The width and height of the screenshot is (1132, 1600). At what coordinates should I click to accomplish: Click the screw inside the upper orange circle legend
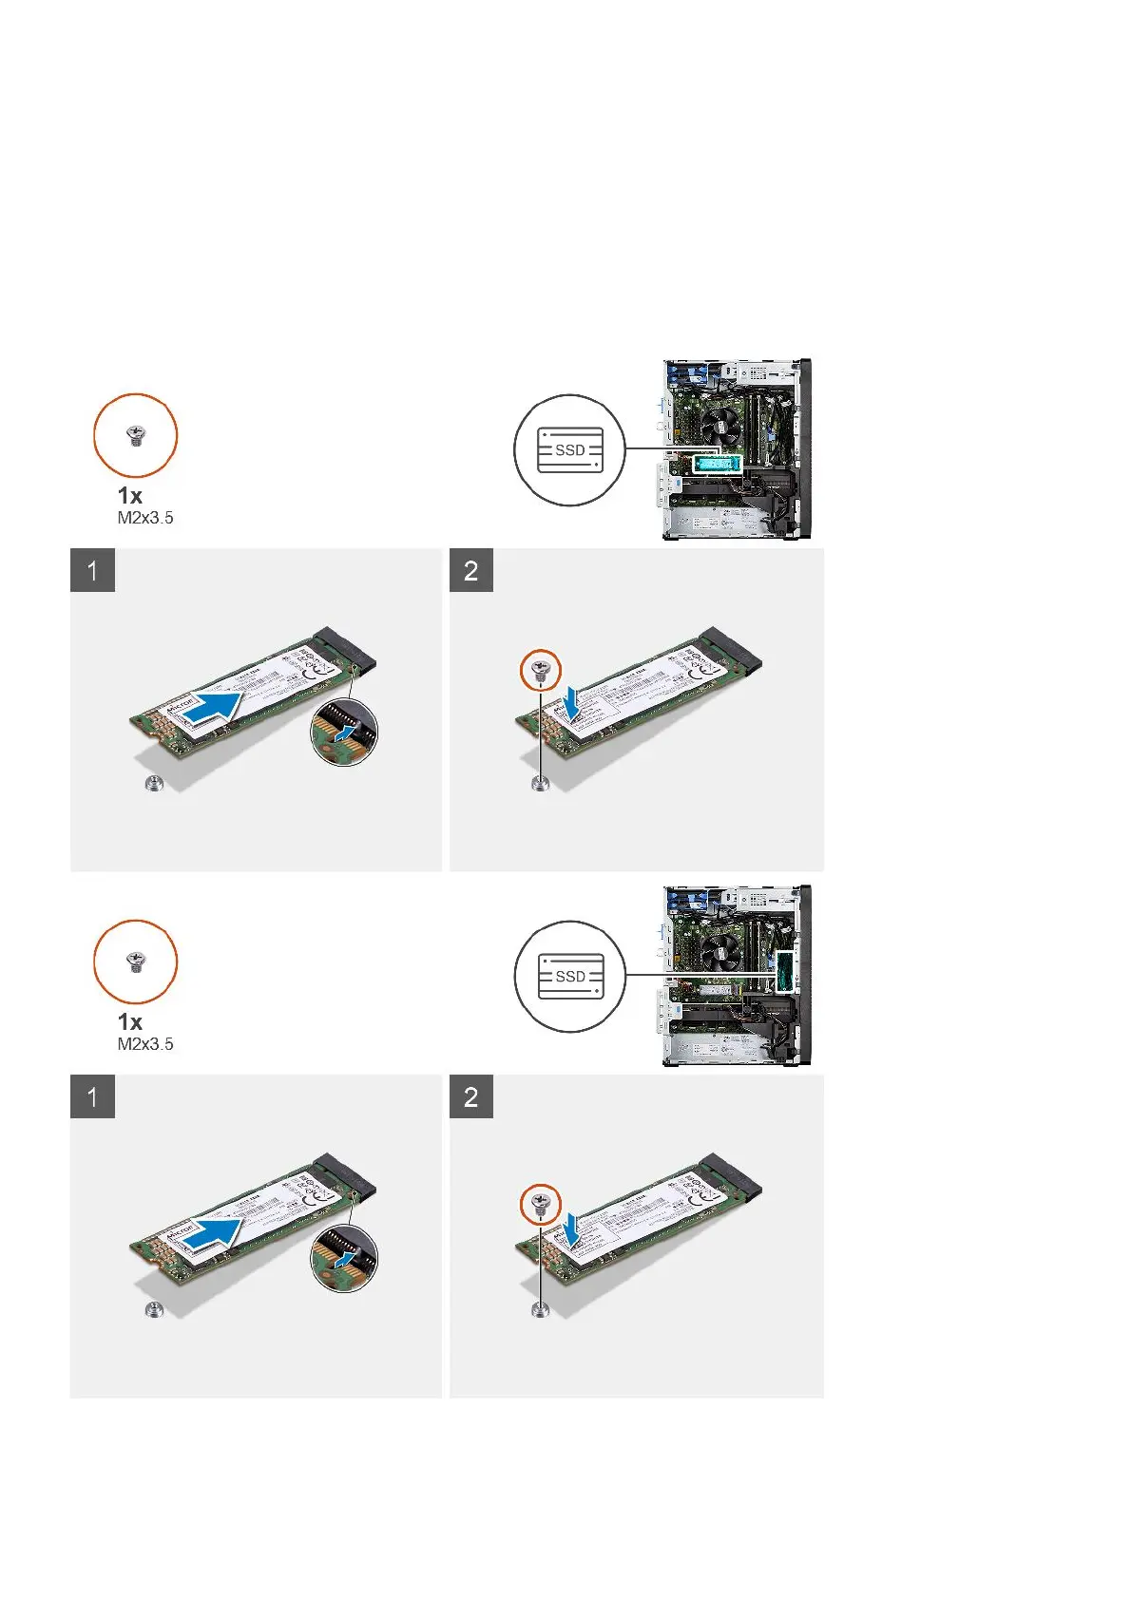[136, 437]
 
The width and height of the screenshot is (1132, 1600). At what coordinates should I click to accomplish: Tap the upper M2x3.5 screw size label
[145, 518]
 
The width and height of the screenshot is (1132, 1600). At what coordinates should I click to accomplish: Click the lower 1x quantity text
[130, 1022]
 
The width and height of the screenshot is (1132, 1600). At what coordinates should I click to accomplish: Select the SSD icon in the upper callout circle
[570, 450]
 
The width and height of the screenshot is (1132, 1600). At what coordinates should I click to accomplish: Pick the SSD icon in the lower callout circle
[570, 977]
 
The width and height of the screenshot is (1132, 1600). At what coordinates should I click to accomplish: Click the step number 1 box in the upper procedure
[92, 571]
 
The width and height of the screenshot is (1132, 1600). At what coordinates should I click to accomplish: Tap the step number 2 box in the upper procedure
[471, 571]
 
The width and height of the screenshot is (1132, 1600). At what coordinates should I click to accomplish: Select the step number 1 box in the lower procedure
[92, 1097]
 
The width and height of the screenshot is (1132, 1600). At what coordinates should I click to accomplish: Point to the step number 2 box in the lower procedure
[471, 1097]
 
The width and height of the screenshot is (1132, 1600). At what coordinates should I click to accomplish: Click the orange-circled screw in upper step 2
[541, 670]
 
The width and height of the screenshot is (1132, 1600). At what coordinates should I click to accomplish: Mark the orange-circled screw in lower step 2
[541, 1206]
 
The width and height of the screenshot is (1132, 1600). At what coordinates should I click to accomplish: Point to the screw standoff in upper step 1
[154, 784]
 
